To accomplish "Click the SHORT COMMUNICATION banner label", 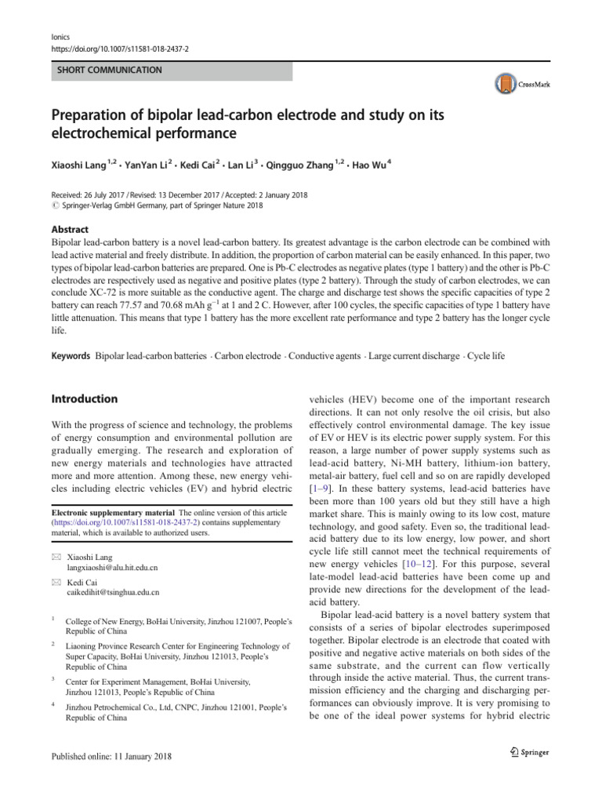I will coord(109,71).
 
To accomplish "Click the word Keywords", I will coord(70,356).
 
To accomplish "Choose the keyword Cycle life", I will coord(487,356).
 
